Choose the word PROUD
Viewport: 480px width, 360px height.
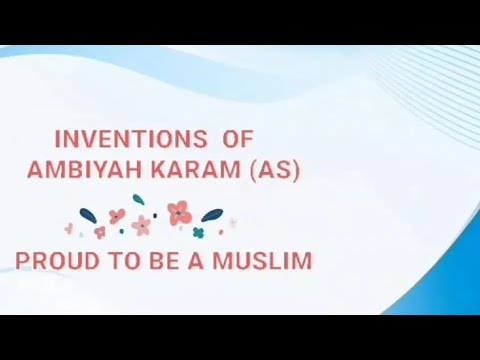pos(51,261)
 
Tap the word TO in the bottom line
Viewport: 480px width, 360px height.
pos(113,261)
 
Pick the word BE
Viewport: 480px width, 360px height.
pos(152,261)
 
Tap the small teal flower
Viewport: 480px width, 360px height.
pos(198,232)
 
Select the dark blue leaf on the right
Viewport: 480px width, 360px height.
pos(213,214)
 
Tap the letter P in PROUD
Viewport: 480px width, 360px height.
pos(22,261)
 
